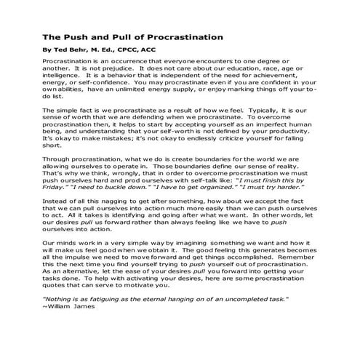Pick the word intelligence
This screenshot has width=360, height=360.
64,74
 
